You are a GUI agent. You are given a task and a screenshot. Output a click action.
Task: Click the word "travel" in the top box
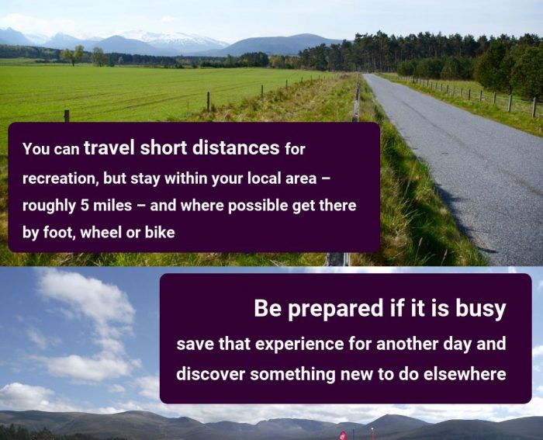tap(109, 147)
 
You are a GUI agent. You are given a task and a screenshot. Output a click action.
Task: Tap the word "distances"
tap(236, 147)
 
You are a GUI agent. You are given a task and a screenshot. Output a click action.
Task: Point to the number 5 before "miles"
tap(85, 206)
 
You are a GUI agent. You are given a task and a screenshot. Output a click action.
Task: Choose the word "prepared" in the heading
tap(336, 309)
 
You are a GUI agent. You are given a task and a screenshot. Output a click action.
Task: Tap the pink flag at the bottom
tap(342, 436)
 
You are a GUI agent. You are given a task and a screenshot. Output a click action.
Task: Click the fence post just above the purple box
tap(67, 116)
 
